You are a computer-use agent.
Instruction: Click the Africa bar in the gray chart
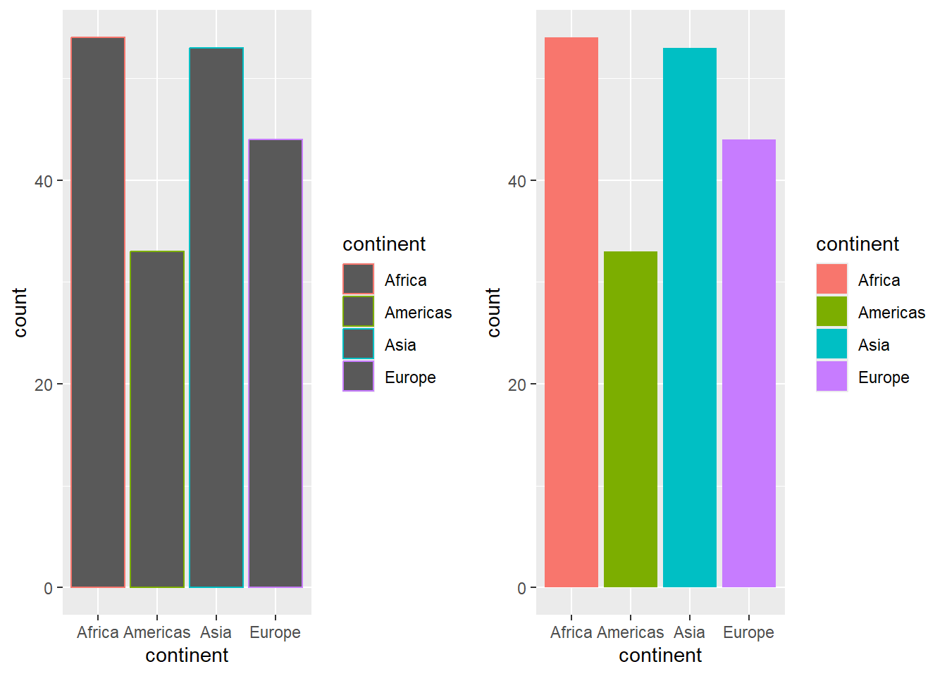[98, 312]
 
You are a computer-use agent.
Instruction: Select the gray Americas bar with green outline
[157, 419]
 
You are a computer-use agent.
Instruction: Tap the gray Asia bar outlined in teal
[216, 317]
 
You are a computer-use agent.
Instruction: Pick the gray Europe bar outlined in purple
[276, 363]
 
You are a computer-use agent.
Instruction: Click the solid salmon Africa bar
[571, 312]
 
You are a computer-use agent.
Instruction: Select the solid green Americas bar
[631, 419]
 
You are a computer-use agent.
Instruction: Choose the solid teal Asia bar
[690, 317]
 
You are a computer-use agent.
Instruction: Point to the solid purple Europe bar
[749, 363]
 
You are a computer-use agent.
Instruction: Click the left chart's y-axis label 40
[44, 181]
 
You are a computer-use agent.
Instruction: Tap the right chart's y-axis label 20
[517, 385]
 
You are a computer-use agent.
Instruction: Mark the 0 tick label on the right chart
[522, 589]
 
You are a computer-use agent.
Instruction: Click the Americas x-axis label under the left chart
[157, 632]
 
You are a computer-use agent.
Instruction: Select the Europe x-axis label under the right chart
[748, 632]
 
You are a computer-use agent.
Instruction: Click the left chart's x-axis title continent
[187, 656]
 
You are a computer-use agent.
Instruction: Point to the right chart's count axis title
[493, 312]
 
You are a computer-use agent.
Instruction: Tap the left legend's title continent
[384, 244]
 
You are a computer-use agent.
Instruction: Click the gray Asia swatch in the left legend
[359, 344]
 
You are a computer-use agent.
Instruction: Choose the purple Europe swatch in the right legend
[832, 377]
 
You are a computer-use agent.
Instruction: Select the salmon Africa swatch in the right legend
[832, 280]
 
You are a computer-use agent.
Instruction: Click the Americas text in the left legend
[418, 313]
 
